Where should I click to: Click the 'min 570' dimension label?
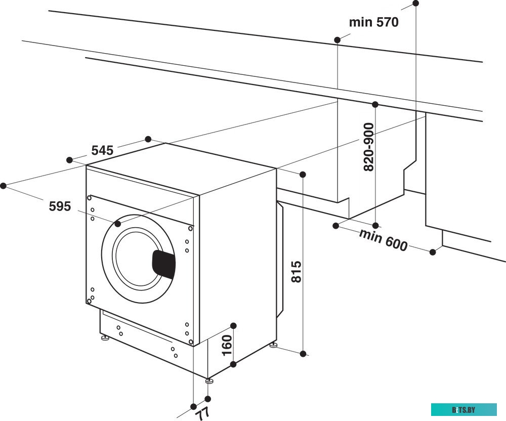(x=373, y=22)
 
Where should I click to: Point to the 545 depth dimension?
(x=102, y=150)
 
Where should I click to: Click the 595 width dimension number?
(x=60, y=206)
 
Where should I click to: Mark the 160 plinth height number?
(x=227, y=345)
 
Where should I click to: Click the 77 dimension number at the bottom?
(x=203, y=412)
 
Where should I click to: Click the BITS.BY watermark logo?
(x=464, y=409)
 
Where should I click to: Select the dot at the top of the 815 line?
(x=303, y=175)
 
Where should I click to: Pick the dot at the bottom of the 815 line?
(x=303, y=354)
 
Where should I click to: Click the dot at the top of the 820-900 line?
(x=375, y=105)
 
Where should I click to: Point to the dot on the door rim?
(x=118, y=223)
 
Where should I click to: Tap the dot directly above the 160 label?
(x=233, y=325)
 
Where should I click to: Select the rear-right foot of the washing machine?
(x=273, y=346)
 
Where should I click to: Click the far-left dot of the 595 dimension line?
(x=4, y=186)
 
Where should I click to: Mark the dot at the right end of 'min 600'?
(x=433, y=251)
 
